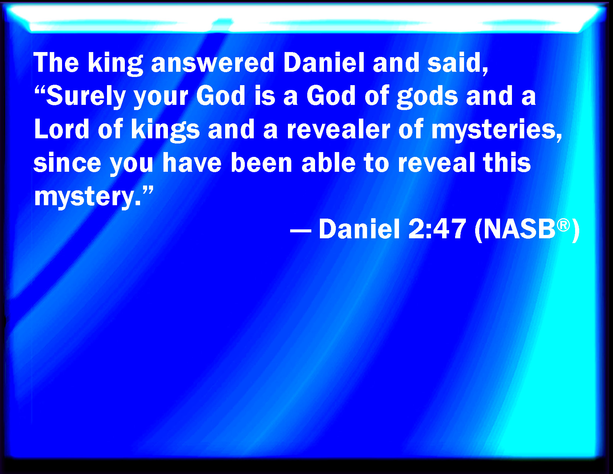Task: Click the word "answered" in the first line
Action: (213, 63)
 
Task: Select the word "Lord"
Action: (62, 129)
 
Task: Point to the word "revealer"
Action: (338, 129)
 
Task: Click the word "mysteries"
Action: (496, 131)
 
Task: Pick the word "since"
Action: (67, 162)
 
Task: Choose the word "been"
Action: (262, 162)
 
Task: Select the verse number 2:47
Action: (437, 229)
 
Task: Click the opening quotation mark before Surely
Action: (40, 90)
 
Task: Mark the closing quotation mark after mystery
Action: (147, 191)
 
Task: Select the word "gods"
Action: (427, 97)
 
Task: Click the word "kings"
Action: (165, 130)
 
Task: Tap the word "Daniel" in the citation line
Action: (359, 229)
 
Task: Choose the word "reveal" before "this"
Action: (437, 162)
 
